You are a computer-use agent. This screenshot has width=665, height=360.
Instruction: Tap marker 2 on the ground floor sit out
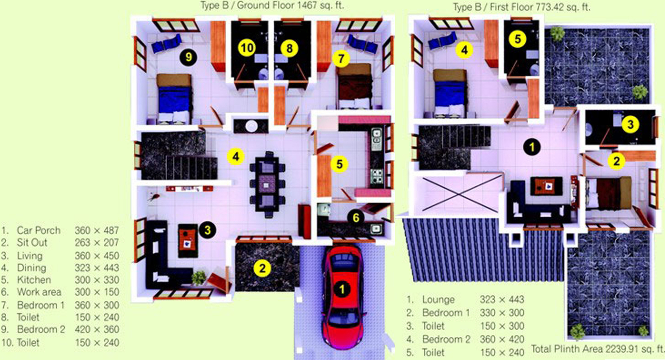click(x=262, y=268)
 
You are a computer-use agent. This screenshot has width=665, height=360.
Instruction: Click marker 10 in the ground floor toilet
click(x=247, y=48)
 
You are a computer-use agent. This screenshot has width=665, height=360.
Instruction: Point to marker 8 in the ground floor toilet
click(x=289, y=48)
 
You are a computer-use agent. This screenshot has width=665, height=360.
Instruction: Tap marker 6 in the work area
click(x=356, y=217)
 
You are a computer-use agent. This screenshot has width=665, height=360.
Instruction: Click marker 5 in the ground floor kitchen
click(x=339, y=164)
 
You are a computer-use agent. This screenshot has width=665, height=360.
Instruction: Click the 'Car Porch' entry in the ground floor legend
click(x=39, y=230)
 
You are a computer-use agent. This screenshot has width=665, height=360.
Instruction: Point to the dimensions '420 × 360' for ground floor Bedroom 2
click(x=97, y=329)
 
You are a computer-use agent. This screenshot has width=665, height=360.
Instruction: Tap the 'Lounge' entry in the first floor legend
click(x=438, y=299)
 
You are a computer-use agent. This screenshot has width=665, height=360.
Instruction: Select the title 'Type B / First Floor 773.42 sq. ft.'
click(x=521, y=7)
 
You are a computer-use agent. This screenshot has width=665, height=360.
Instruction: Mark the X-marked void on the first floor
click(x=459, y=194)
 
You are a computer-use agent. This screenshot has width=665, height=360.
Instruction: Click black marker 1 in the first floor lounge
click(x=532, y=147)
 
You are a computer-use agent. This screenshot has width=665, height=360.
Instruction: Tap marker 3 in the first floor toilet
click(x=631, y=124)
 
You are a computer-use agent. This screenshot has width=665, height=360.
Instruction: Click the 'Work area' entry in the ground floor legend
click(x=39, y=292)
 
